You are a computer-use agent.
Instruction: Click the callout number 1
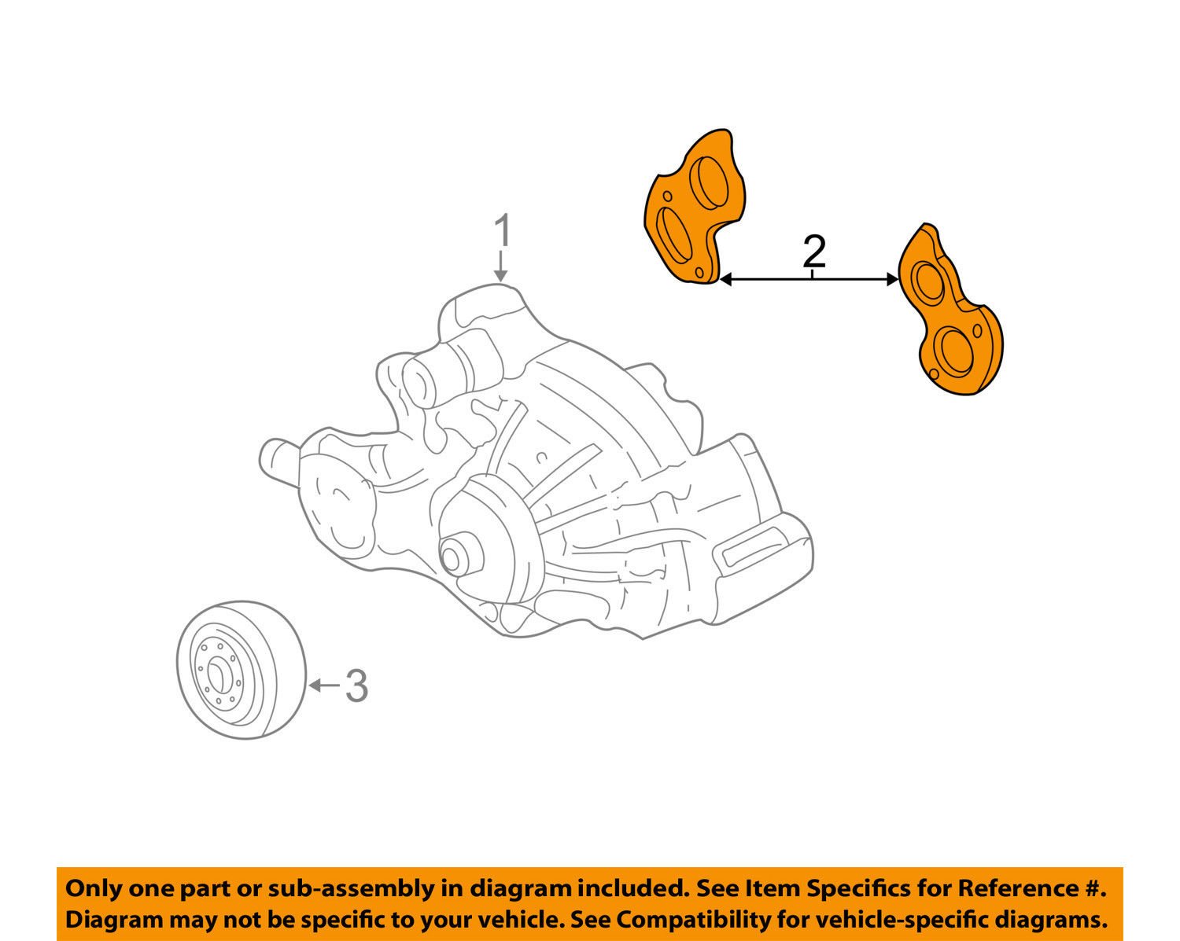point(502,233)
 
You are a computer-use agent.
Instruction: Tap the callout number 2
point(813,252)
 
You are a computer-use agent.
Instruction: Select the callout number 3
point(356,686)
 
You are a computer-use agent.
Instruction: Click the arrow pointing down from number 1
point(501,267)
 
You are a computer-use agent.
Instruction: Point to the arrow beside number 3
point(323,686)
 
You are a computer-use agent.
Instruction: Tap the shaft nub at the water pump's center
point(453,555)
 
